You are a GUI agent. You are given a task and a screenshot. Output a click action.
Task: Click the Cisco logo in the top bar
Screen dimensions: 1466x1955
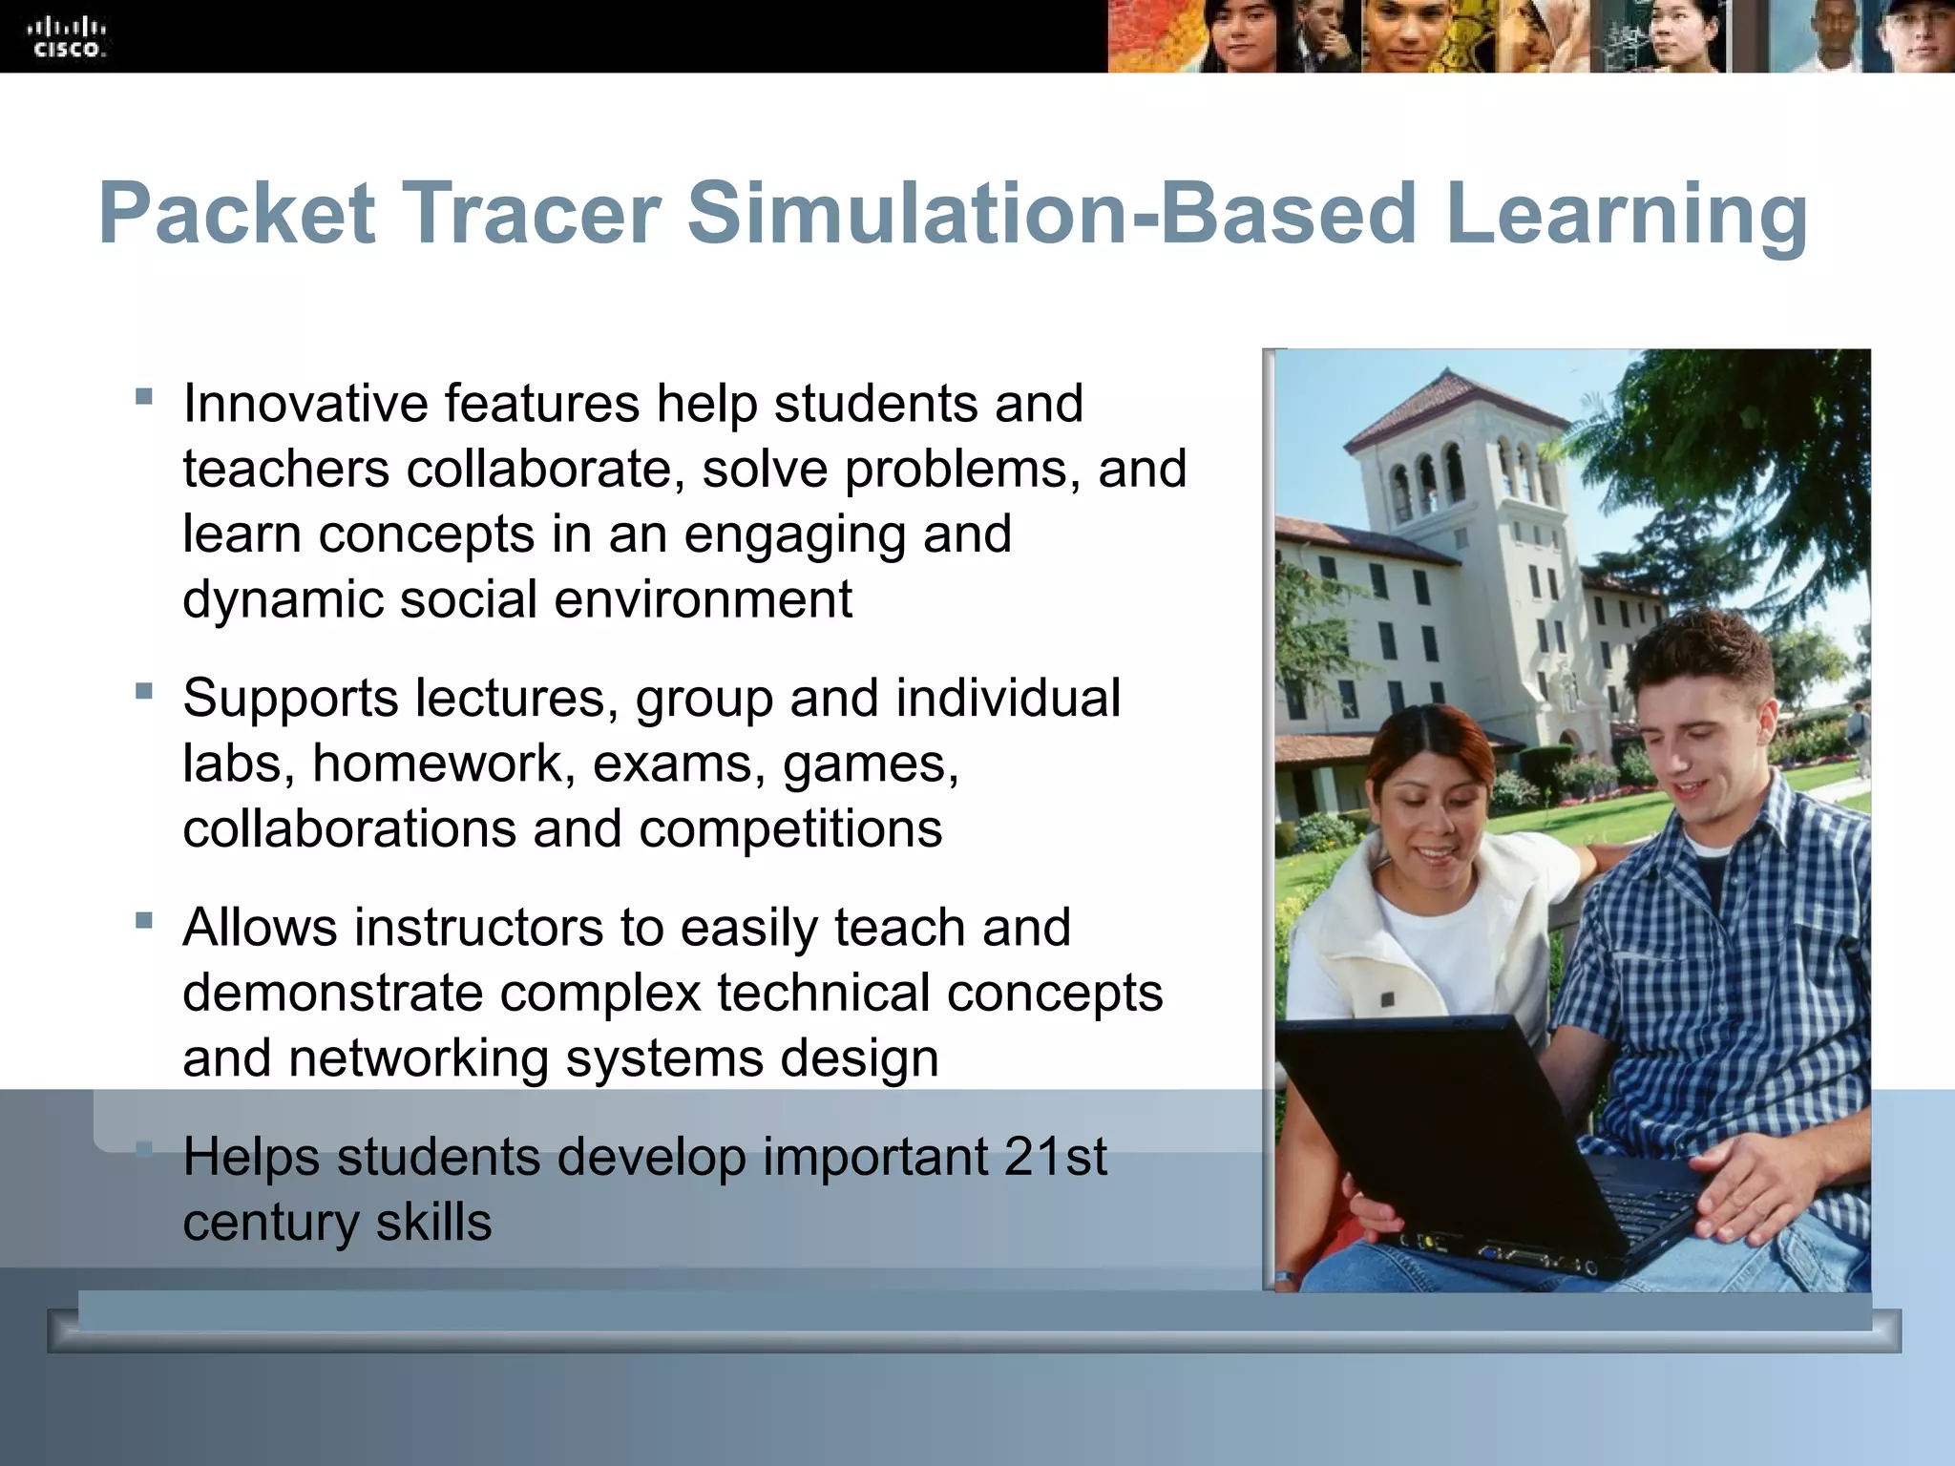click(x=68, y=37)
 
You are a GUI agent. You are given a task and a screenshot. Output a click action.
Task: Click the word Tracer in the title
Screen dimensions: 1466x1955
click(x=531, y=214)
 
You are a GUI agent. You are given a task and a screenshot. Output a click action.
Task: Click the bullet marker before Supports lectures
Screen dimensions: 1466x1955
click(x=144, y=690)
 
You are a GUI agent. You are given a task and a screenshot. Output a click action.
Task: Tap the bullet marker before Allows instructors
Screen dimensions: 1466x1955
click(x=144, y=920)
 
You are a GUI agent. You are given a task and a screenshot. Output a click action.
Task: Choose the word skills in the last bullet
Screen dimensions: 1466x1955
click(x=433, y=1222)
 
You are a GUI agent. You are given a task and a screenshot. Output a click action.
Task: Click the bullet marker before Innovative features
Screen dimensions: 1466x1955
click(x=144, y=396)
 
